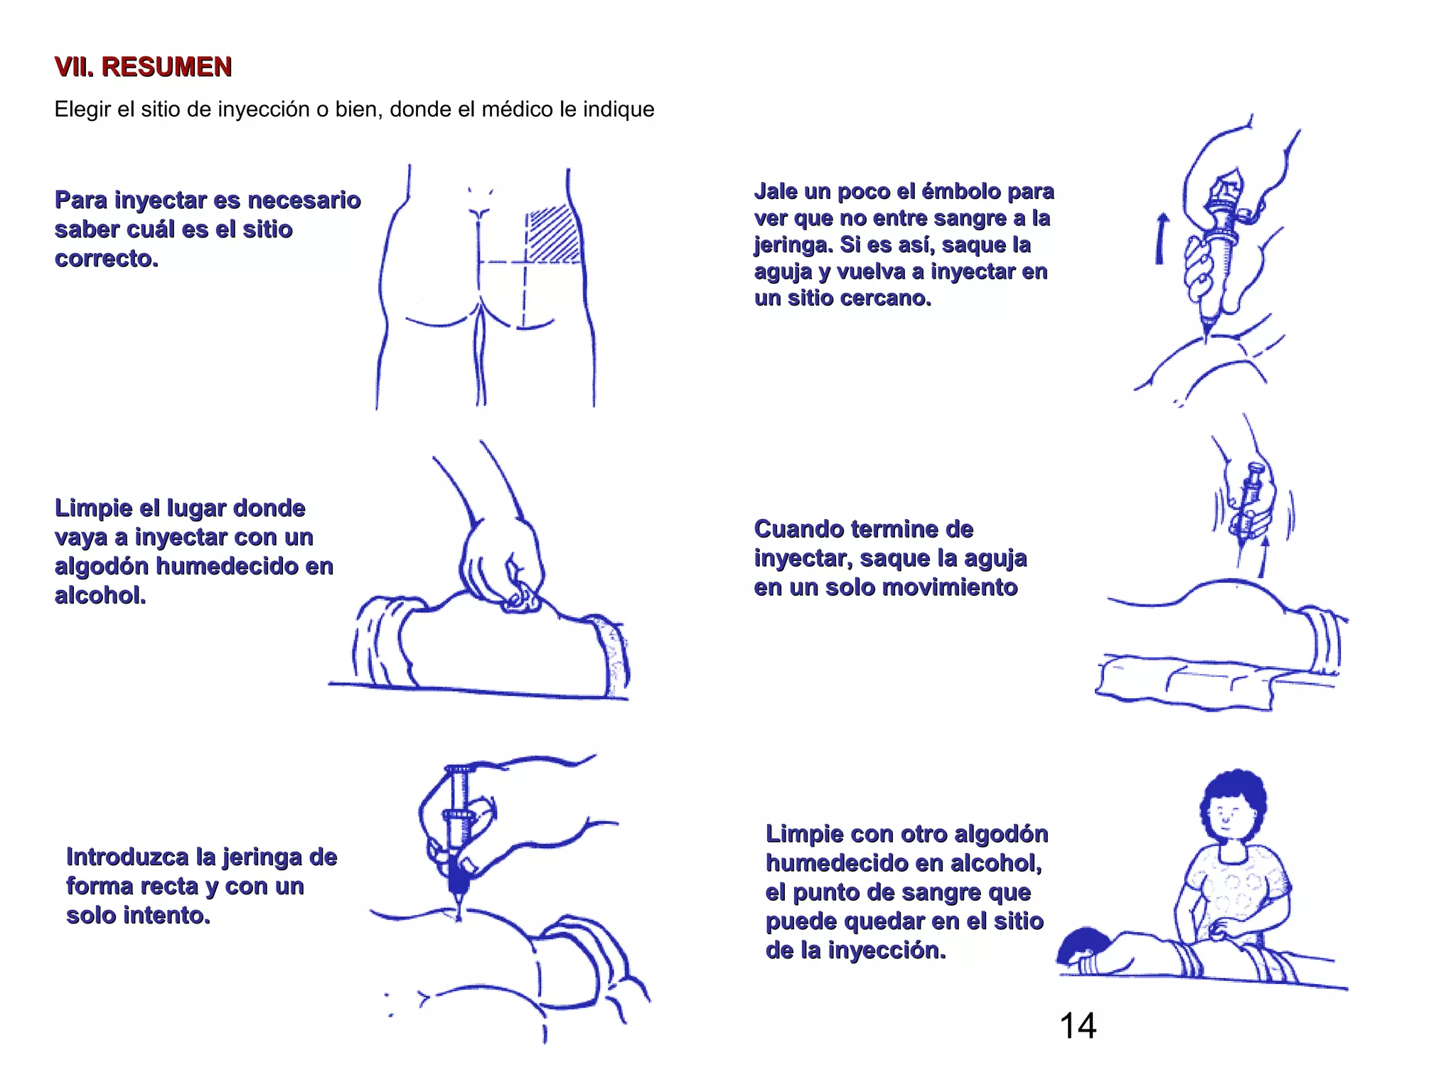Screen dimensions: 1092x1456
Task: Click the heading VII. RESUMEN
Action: [x=143, y=67]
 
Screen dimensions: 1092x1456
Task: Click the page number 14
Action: [x=1077, y=1026]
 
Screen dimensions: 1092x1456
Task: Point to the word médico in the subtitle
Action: [x=518, y=109]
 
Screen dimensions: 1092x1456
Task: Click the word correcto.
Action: [x=107, y=259]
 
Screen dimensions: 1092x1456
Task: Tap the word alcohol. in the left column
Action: [x=100, y=595]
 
